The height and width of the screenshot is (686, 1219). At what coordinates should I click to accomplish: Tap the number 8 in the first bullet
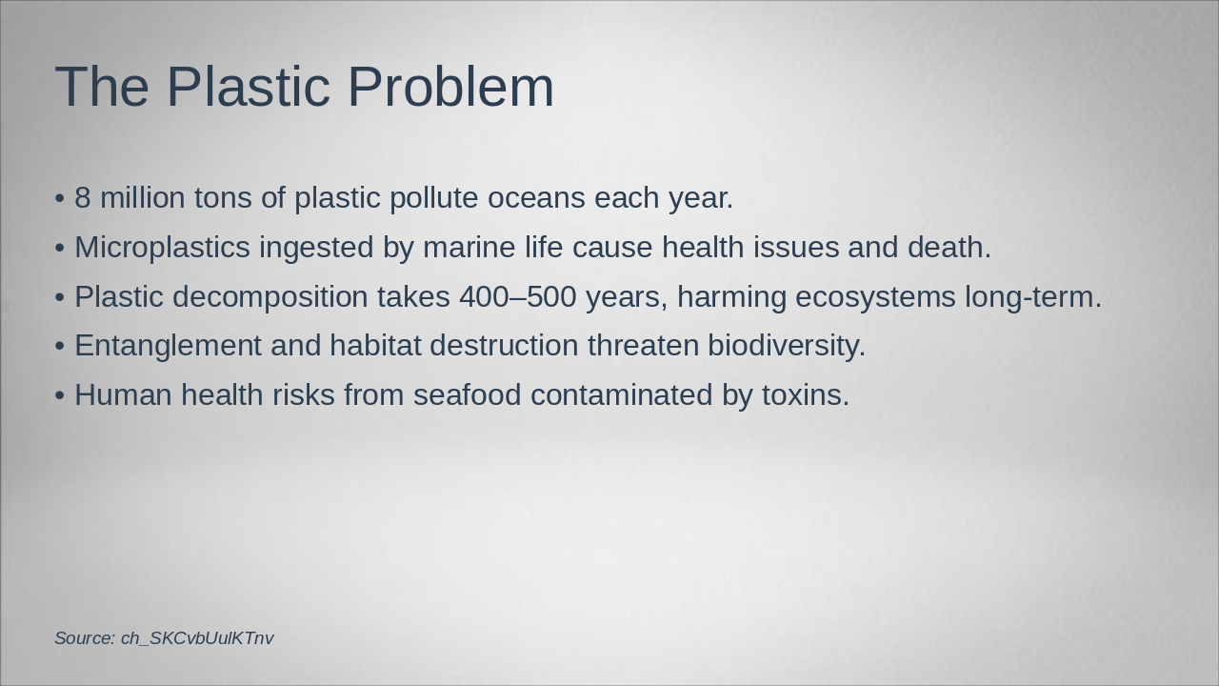pos(83,198)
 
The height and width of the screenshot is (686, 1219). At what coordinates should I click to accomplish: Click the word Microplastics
pos(162,248)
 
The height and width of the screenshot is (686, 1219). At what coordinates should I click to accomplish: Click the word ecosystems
pos(875,297)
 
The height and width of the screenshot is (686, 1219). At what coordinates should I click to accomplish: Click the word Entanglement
pos(168,346)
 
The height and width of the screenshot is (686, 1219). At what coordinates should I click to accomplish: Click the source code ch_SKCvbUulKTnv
pos(197,638)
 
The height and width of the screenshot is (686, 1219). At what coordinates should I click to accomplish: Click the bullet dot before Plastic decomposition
pos(60,298)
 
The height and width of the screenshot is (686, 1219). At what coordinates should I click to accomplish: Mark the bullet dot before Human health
pos(60,396)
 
